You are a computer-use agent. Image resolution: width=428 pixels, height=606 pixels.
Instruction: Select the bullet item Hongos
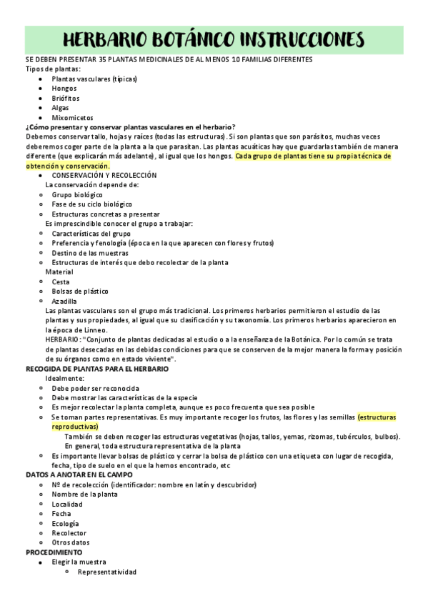pyautogui.click(x=64, y=88)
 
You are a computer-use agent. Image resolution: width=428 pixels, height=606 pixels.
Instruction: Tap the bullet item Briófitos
pyautogui.click(x=66, y=98)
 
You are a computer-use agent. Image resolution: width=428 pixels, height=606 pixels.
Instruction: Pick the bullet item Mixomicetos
pyautogui.click(x=72, y=117)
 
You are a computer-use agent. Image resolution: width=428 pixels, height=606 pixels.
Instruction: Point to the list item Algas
pyautogui.click(x=61, y=107)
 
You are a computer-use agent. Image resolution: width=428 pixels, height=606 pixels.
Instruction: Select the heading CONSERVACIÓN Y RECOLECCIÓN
pyautogui.click(x=104, y=175)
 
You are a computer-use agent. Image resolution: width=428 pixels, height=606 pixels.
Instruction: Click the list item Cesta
pyautogui.click(x=61, y=282)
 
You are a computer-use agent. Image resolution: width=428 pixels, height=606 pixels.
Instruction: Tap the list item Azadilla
pyautogui.click(x=64, y=301)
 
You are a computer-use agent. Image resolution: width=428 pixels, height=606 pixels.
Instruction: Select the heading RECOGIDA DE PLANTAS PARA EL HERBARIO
pyautogui.click(x=97, y=368)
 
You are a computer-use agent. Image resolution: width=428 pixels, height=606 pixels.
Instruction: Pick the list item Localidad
pyautogui.click(x=67, y=504)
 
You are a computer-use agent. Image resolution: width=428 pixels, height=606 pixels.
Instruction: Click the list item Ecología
pyautogui.click(x=65, y=523)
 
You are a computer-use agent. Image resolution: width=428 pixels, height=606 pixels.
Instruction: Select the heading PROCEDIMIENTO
pyautogui.click(x=54, y=552)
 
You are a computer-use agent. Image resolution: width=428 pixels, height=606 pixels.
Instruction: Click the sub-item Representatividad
pyautogui.click(x=106, y=572)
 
